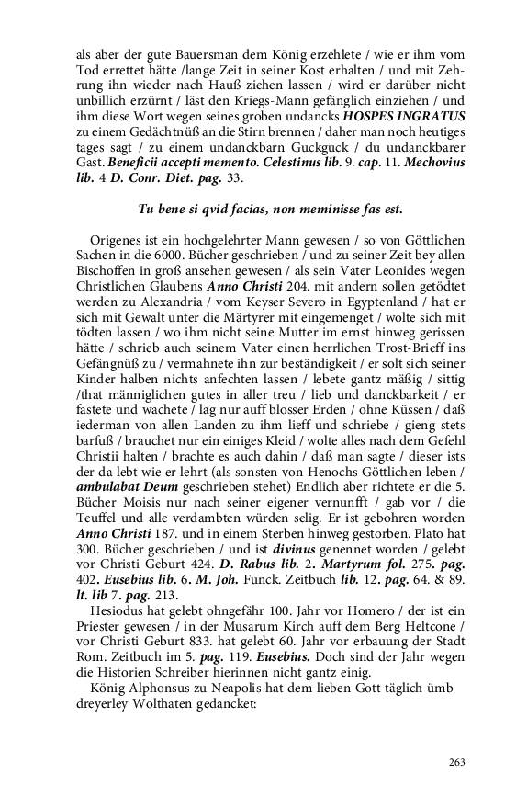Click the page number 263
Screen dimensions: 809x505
tap(456, 761)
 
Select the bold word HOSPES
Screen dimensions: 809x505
tap(370, 116)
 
